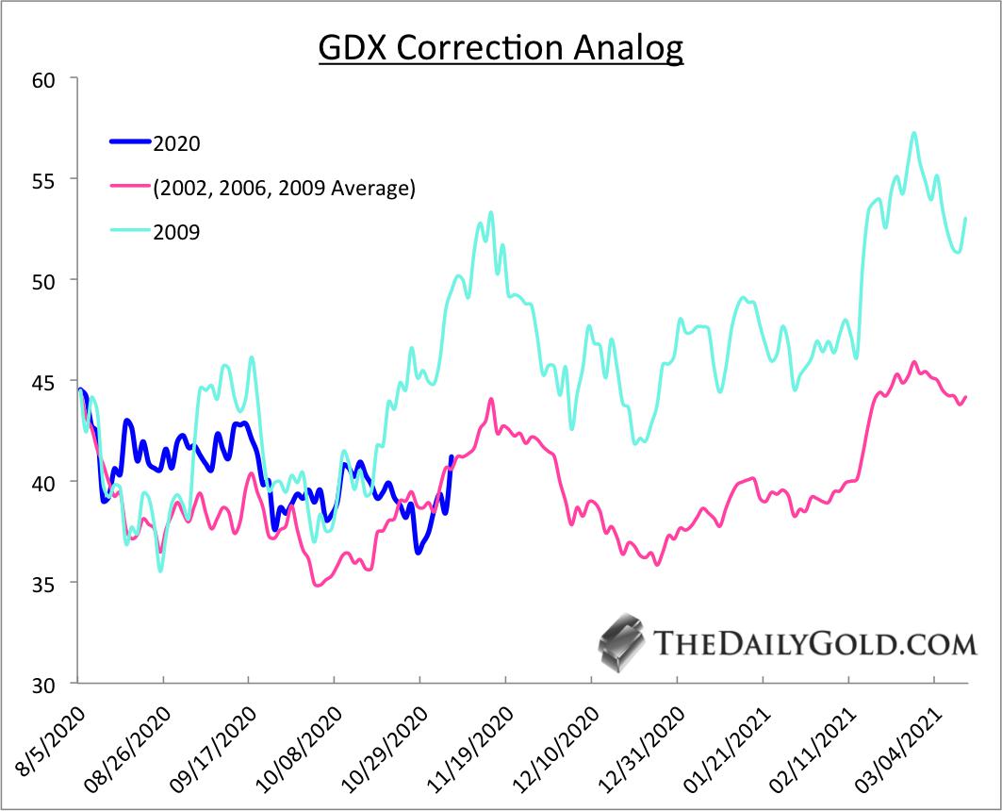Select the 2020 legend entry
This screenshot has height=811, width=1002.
(176, 143)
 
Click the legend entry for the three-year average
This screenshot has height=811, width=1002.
(284, 188)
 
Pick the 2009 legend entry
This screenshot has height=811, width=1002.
(176, 232)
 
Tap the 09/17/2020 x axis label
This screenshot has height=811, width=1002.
(214, 745)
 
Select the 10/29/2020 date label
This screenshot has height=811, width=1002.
(386, 745)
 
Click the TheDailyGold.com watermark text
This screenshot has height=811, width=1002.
(813, 644)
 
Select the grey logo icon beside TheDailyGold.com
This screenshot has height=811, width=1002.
(622, 644)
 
